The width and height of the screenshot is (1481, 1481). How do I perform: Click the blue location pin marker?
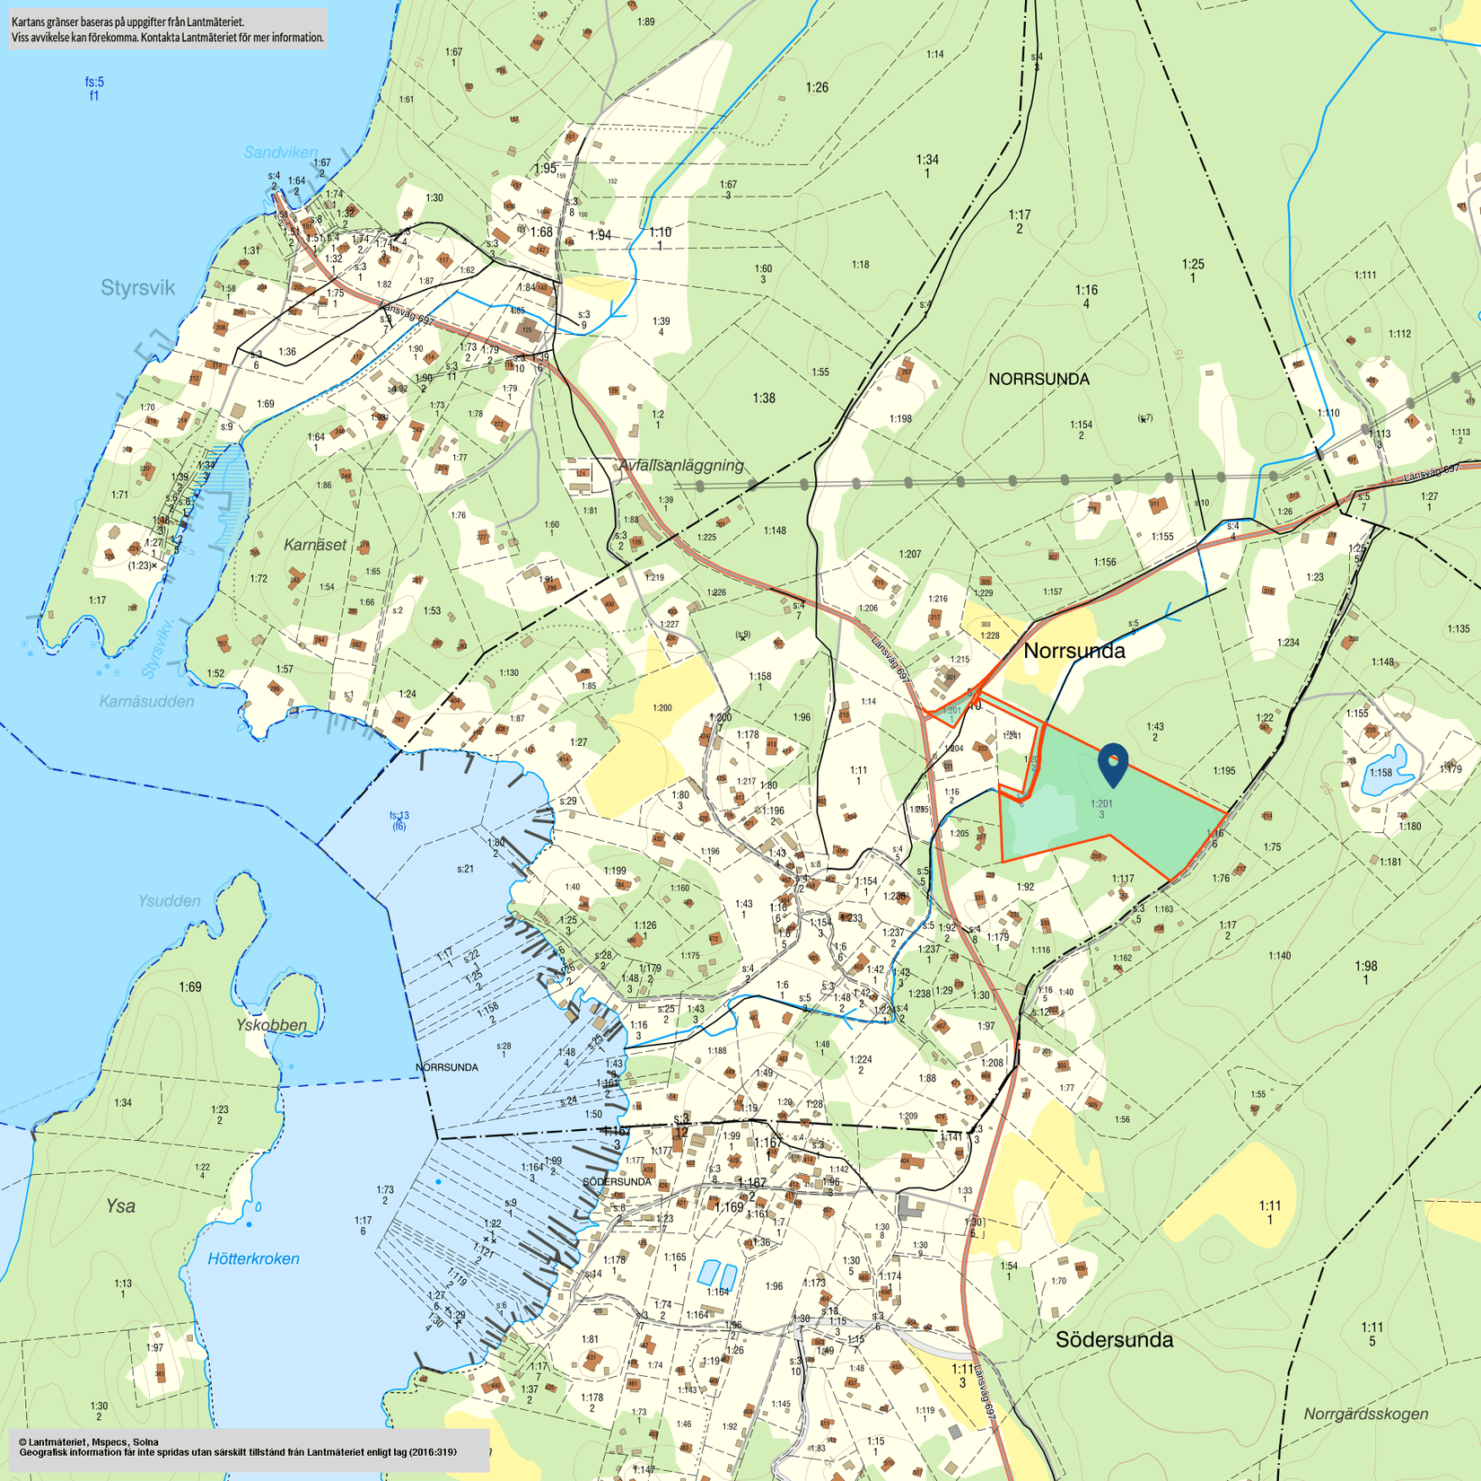pos(1112,765)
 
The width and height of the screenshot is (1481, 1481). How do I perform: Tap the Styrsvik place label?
pos(137,288)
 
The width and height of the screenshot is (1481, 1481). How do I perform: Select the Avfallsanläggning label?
pos(681,465)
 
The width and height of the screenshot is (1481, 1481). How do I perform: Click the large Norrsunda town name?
pos(1074,651)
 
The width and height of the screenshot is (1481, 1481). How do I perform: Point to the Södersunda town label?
pos(1114,1339)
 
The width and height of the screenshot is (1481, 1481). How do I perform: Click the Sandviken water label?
pos(280,153)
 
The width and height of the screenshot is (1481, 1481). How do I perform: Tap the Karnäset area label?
pos(314,545)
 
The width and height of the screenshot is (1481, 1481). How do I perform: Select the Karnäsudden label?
pos(146,701)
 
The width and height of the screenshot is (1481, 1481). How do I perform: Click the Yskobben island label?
pos(271,1025)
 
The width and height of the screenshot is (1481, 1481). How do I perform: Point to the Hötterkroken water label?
pos(253,1258)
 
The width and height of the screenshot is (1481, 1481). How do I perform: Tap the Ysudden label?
pos(170,900)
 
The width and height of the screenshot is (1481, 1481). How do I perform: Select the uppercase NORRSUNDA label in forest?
pos(1038,379)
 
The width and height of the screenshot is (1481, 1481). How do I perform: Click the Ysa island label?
pos(120,1205)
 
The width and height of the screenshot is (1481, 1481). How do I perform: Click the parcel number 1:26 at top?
pos(816,87)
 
